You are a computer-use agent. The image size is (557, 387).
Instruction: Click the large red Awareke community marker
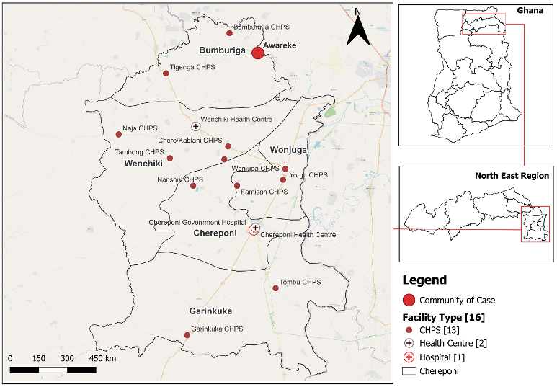coord(258,53)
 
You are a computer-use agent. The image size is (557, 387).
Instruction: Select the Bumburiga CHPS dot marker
coord(230,32)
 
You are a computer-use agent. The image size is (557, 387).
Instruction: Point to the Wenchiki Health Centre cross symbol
coord(195,126)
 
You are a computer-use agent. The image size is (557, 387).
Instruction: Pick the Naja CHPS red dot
coord(119,134)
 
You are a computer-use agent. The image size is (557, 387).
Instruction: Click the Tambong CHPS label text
coord(140,152)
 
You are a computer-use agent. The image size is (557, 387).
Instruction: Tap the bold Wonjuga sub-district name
coord(288,150)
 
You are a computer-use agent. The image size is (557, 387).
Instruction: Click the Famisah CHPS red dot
coord(237,186)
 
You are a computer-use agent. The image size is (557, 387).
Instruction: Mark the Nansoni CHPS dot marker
coord(193,186)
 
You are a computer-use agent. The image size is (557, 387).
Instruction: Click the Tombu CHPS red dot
coord(275,288)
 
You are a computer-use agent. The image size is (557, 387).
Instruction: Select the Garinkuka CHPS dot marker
coord(187,334)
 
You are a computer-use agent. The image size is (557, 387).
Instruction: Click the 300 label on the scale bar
coord(67,358)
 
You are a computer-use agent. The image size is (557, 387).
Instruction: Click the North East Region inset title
coord(512,175)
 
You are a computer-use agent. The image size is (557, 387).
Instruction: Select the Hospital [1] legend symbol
coord(409,357)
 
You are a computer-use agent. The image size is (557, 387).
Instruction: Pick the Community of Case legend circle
coord(409,300)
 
